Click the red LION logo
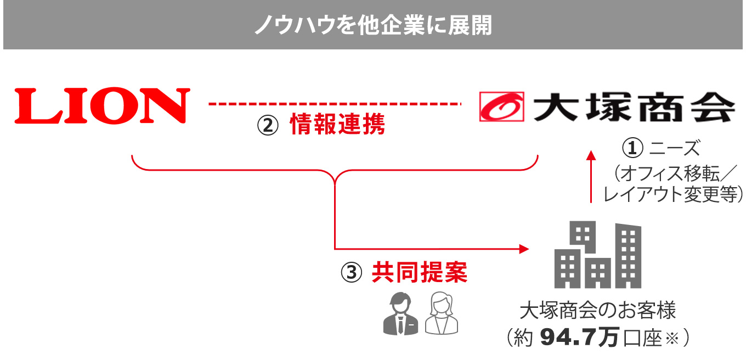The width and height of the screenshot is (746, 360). coord(102,105)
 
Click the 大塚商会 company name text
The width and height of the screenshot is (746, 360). coord(634,106)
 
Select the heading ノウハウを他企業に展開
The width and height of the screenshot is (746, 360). coord(373,25)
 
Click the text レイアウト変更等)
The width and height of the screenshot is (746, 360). coord(672,194)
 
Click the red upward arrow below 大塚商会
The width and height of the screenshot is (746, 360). coord(591,176)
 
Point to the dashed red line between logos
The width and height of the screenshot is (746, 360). coord(335,103)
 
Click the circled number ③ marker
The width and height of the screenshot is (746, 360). coord(352,272)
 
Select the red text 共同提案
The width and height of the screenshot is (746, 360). coord(420,272)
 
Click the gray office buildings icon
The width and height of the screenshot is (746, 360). coord(597,255)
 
